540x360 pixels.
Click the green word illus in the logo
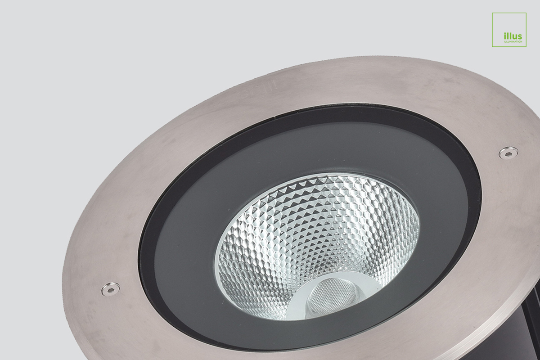pyautogui.click(x=513, y=36)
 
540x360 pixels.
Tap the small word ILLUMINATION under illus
pyautogui.click(x=513, y=41)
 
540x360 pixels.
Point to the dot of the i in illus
pyautogui.click(x=505, y=33)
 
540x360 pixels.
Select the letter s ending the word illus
pyautogui.click(x=520, y=37)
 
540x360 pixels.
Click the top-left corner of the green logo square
pyautogui.click(x=493, y=13)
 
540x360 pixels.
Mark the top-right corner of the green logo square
pyautogui.click(x=526, y=13)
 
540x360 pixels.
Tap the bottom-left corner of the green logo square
pyautogui.click(x=493, y=47)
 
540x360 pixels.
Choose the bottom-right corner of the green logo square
pyautogui.click(x=526, y=47)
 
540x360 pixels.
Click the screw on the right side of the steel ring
pyautogui.click(x=508, y=153)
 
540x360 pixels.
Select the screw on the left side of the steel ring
pyautogui.click(x=110, y=289)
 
